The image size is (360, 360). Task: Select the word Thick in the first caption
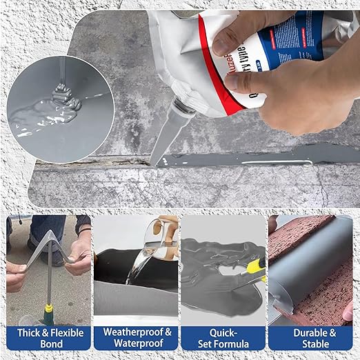click(x=28, y=332)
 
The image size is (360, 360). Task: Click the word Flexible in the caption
click(x=68, y=332)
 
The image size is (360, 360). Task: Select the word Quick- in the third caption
click(x=222, y=332)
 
